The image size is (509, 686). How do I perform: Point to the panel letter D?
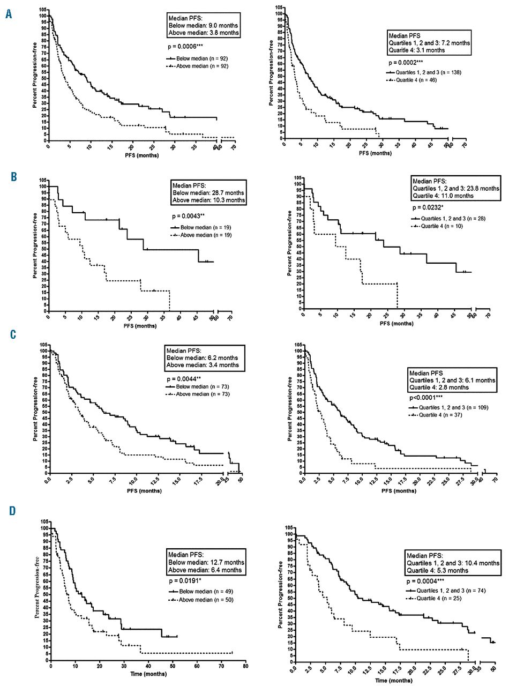[9, 510]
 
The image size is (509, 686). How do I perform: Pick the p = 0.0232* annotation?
[431, 207]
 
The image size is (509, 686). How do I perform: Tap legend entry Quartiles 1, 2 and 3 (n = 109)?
[443, 407]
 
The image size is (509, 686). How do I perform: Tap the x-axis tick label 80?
[245, 669]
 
